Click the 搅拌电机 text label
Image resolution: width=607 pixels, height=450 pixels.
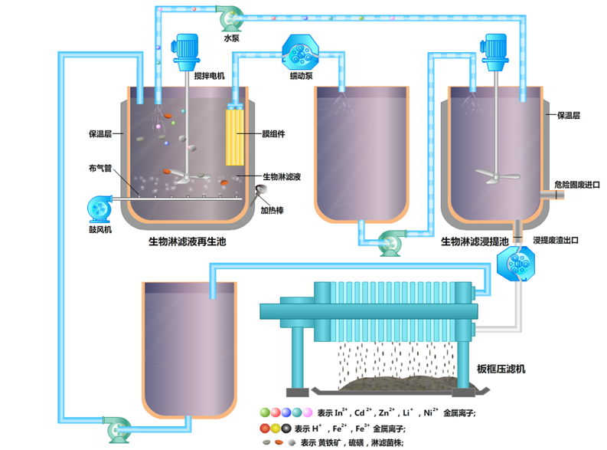coord(210,76)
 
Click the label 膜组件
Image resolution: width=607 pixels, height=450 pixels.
coord(273,133)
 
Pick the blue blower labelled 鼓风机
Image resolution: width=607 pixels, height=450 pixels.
coord(100,208)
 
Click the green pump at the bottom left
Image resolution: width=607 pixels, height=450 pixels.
coord(115,428)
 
